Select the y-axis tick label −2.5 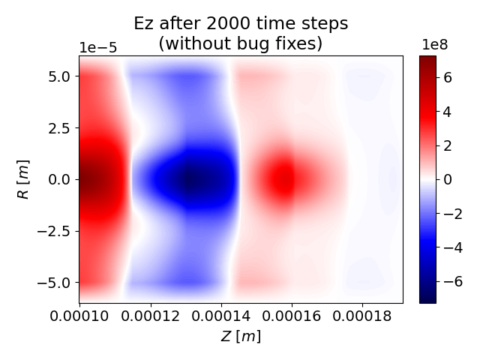coord(54,231)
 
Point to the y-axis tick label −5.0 coord(54,283)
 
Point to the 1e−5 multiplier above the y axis coord(98,48)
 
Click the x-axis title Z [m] coord(241,337)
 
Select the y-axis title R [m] coord(24,179)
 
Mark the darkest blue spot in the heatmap coord(190,180)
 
